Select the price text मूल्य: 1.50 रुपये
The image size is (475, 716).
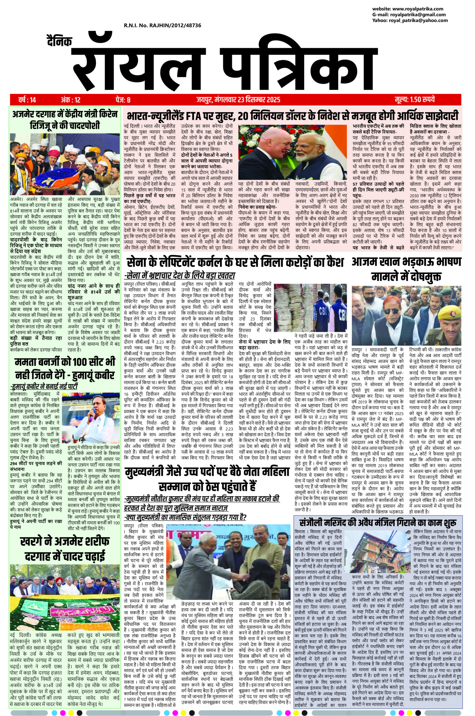point(415,99)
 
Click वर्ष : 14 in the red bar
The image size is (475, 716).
point(27,99)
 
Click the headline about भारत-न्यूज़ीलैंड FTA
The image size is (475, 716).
point(292,116)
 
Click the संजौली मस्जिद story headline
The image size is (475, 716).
point(378,522)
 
